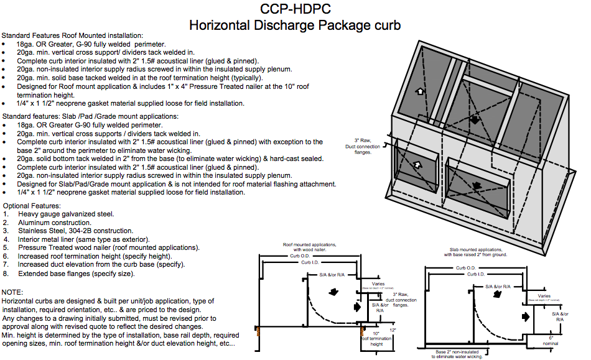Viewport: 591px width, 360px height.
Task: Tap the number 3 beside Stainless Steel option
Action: pos(6,231)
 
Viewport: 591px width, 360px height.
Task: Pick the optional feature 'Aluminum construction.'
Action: pos(55,223)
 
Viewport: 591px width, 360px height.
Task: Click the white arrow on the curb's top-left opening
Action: pos(421,91)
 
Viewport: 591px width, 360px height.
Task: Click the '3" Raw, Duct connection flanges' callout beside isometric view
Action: pos(367,146)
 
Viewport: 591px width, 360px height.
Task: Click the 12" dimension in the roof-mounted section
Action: pos(393,330)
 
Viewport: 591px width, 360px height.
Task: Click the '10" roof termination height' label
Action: pos(376,339)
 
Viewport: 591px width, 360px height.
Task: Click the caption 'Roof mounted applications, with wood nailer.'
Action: pos(310,247)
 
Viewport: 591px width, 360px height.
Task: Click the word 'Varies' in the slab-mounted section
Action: pos(544,296)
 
